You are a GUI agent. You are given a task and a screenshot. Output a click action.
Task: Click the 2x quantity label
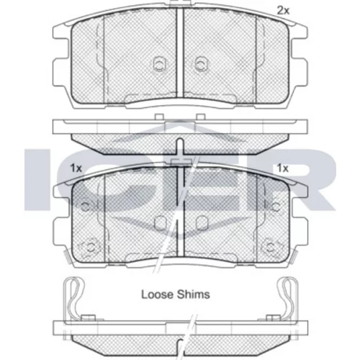(x=284, y=11)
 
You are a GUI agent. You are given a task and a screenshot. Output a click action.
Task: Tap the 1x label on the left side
(x=76, y=168)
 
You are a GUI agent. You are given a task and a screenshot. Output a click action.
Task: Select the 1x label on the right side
(x=283, y=168)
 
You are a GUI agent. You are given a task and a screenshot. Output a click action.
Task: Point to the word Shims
(x=193, y=294)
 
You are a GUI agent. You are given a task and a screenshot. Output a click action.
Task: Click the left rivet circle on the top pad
(x=159, y=64)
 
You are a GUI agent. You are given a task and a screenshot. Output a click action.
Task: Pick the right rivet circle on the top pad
(x=201, y=64)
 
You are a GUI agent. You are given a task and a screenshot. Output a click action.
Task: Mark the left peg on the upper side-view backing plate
(x=159, y=117)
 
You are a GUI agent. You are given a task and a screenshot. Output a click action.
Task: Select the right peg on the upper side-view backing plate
(x=201, y=117)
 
